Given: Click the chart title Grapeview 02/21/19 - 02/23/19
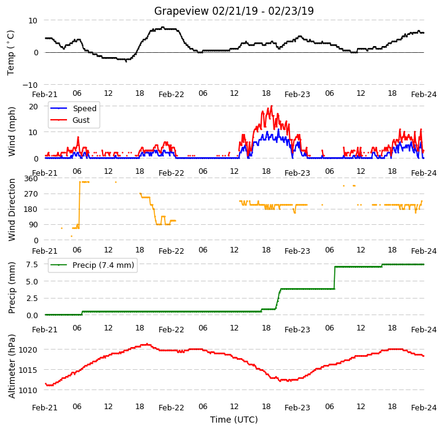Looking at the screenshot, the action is [234, 11].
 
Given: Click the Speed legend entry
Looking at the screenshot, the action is [73, 108].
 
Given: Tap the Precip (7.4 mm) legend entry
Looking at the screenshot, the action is [92, 265].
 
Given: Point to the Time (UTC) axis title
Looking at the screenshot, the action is [234, 420].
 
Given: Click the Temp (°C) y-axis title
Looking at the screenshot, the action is [10, 53].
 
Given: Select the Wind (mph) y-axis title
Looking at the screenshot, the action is [12, 131].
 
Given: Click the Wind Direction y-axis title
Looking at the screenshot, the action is [12, 209].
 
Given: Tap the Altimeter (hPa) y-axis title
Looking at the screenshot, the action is [12, 366].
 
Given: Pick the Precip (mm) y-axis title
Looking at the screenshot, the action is [12, 287].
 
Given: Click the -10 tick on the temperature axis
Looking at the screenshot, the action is [29, 85].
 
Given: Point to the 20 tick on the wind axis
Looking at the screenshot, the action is [33, 106].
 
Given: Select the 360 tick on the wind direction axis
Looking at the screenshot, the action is [31, 179].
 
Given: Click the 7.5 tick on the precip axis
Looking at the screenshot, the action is [32, 265].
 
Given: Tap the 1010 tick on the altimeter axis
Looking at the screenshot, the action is [28, 390].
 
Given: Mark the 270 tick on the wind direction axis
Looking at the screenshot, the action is [31, 194].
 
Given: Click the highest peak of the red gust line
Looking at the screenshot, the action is [272, 106].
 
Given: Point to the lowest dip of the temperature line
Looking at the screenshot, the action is [126, 61].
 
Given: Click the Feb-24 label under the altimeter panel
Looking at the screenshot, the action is [424, 408].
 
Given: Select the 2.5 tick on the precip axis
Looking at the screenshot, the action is [32, 299].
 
